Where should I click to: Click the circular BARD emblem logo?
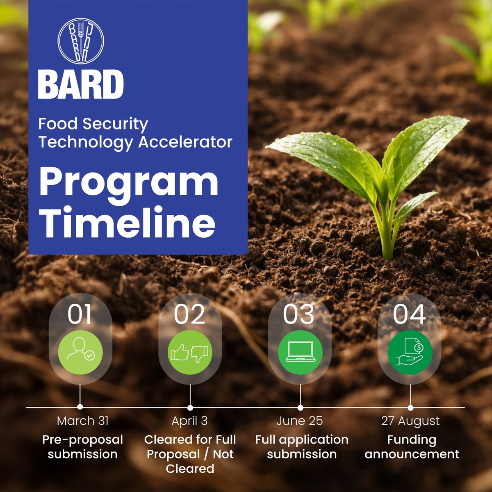pyautogui.click(x=81, y=42)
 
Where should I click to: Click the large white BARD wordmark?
pyautogui.click(x=81, y=84)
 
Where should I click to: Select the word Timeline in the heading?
pyautogui.click(x=127, y=223)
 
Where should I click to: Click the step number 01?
pyautogui.click(x=80, y=314)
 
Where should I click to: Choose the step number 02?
pyautogui.click(x=189, y=314)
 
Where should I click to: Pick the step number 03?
pyautogui.click(x=299, y=314)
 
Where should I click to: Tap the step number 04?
pyautogui.click(x=409, y=314)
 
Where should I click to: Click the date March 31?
pyautogui.click(x=83, y=421)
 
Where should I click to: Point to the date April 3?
pyautogui.click(x=189, y=421)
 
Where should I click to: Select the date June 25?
pyautogui.click(x=300, y=421)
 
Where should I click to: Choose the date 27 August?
pyautogui.click(x=410, y=421)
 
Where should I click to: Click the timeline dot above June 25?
pyautogui.click(x=300, y=408)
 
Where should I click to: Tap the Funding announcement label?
pyautogui.click(x=412, y=447)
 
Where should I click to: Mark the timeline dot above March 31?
pyautogui.click(x=80, y=407)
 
